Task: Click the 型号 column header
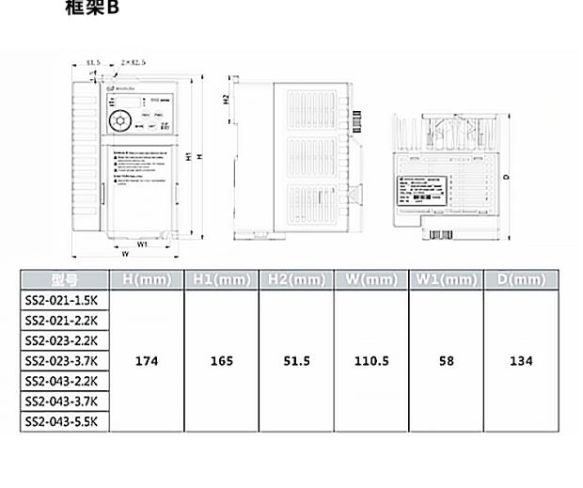coord(65,280)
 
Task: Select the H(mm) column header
coord(146,280)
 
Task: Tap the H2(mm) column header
coord(296,280)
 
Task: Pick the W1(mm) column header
coord(447,280)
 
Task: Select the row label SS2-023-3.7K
coord(65,360)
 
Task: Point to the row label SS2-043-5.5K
coord(65,421)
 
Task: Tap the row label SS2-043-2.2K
coord(65,381)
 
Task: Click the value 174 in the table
coord(146,361)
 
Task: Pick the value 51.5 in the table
coord(296,361)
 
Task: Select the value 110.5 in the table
coord(371,361)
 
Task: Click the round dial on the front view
coord(120,122)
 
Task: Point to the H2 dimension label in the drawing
coord(227,100)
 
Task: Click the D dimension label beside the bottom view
coord(505,176)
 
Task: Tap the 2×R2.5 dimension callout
coord(134,62)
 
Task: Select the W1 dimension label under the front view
coord(143,244)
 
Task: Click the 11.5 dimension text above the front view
coord(93,62)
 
